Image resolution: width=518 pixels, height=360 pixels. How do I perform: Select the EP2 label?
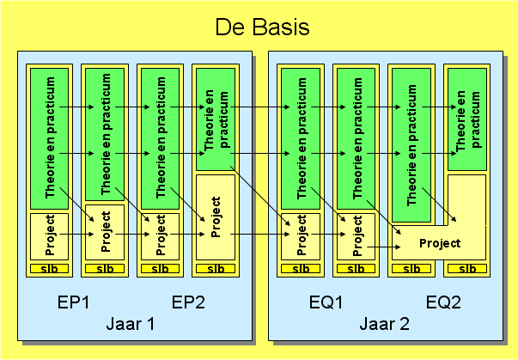click(x=187, y=302)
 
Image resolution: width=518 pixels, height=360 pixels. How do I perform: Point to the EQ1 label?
click(x=326, y=302)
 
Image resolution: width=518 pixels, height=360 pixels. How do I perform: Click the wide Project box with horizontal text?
click(x=439, y=243)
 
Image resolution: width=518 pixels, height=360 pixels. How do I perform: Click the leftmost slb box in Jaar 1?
click(x=49, y=269)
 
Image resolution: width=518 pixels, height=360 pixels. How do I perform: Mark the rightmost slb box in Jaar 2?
click(x=466, y=269)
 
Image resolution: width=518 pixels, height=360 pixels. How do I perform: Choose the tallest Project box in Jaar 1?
click(x=215, y=218)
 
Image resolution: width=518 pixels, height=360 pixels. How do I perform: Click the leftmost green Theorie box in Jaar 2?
click(x=300, y=137)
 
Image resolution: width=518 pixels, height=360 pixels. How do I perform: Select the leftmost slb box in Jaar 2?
click(x=300, y=269)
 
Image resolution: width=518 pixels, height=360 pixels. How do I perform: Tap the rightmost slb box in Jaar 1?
click(x=215, y=269)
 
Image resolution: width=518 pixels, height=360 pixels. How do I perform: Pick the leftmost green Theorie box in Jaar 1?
click(x=49, y=137)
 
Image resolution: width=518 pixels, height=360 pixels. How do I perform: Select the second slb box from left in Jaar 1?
click(x=104, y=269)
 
